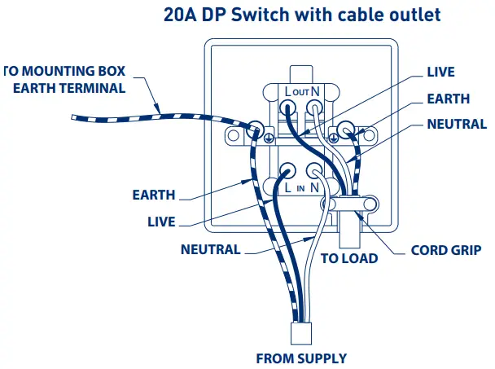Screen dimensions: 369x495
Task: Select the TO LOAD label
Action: tap(349, 259)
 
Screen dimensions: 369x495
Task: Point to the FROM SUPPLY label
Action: tap(301, 358)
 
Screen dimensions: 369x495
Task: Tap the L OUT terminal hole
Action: tap(289, 107)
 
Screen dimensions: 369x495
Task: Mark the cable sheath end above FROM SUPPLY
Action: tap(301, 333)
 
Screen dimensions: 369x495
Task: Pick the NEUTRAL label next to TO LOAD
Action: tap(210, 249)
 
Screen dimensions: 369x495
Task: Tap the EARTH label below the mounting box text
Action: tap(154, 195)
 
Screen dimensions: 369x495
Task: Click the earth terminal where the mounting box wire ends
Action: tap(256, 129)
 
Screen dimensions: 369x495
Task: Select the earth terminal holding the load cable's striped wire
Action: tap(347, 129)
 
